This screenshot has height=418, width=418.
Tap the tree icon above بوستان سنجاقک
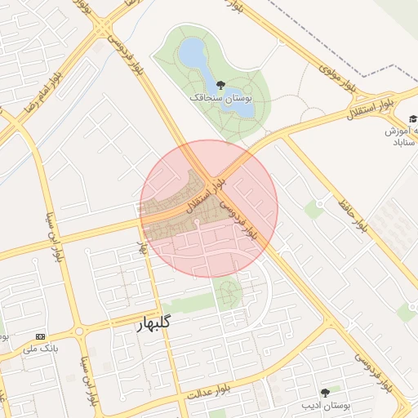[220, 84]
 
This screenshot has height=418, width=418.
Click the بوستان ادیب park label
[326, 405]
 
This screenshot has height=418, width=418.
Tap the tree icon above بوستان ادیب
[326, 392]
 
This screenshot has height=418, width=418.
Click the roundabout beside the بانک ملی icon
[79, 332]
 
